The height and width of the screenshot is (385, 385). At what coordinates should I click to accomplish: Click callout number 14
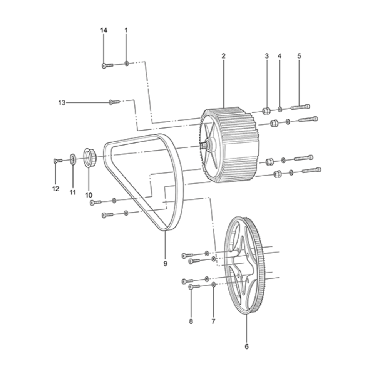104,30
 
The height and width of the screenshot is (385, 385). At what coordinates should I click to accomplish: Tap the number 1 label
126,30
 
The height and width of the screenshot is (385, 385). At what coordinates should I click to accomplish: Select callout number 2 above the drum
223,56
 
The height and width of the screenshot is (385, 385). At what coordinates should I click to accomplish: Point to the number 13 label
62,102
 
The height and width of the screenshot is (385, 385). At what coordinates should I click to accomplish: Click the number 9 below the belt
165,263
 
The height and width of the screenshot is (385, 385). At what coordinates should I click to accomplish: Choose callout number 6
246,346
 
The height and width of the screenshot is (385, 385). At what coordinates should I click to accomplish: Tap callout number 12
56,189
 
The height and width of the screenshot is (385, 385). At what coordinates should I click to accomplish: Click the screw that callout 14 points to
107,65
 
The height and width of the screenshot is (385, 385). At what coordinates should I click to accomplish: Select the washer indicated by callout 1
126,64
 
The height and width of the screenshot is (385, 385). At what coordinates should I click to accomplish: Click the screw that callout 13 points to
114,102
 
